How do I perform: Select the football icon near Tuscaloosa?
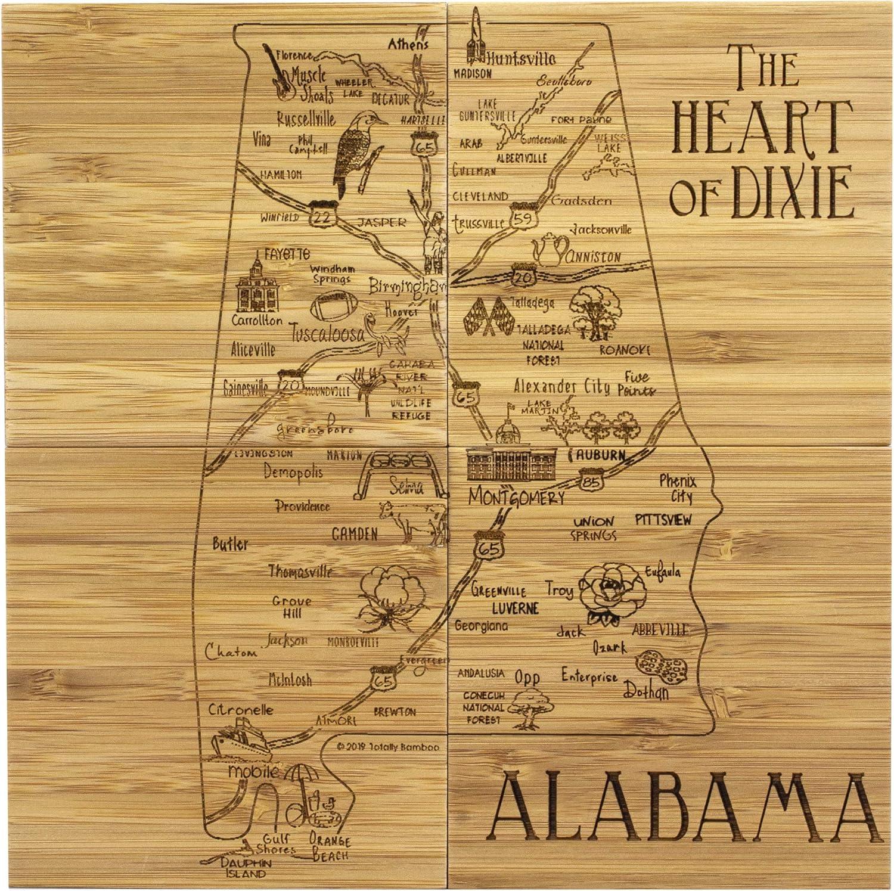[333, 306]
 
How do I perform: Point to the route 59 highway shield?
[523, 217]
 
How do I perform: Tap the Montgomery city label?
[516, 498]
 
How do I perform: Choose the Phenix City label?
[678, 488]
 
